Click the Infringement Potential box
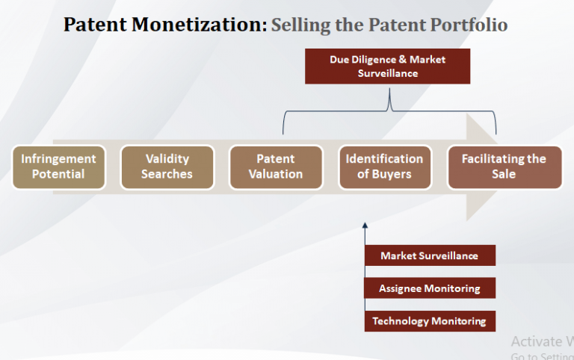pos(58,167)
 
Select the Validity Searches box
pos(167,167)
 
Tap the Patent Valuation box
pos(276,167)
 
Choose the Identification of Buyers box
pos(384,167)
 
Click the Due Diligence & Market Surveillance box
pos(387,66)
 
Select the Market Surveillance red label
pos(430,255)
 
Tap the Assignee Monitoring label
pos(430,288)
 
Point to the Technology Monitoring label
pos(430,321)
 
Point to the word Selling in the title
pos(296,25)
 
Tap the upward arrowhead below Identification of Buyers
pos(365,224)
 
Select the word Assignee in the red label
pos(404,288)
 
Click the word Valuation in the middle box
pos(276,174)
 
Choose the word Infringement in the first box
pos(58,159)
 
